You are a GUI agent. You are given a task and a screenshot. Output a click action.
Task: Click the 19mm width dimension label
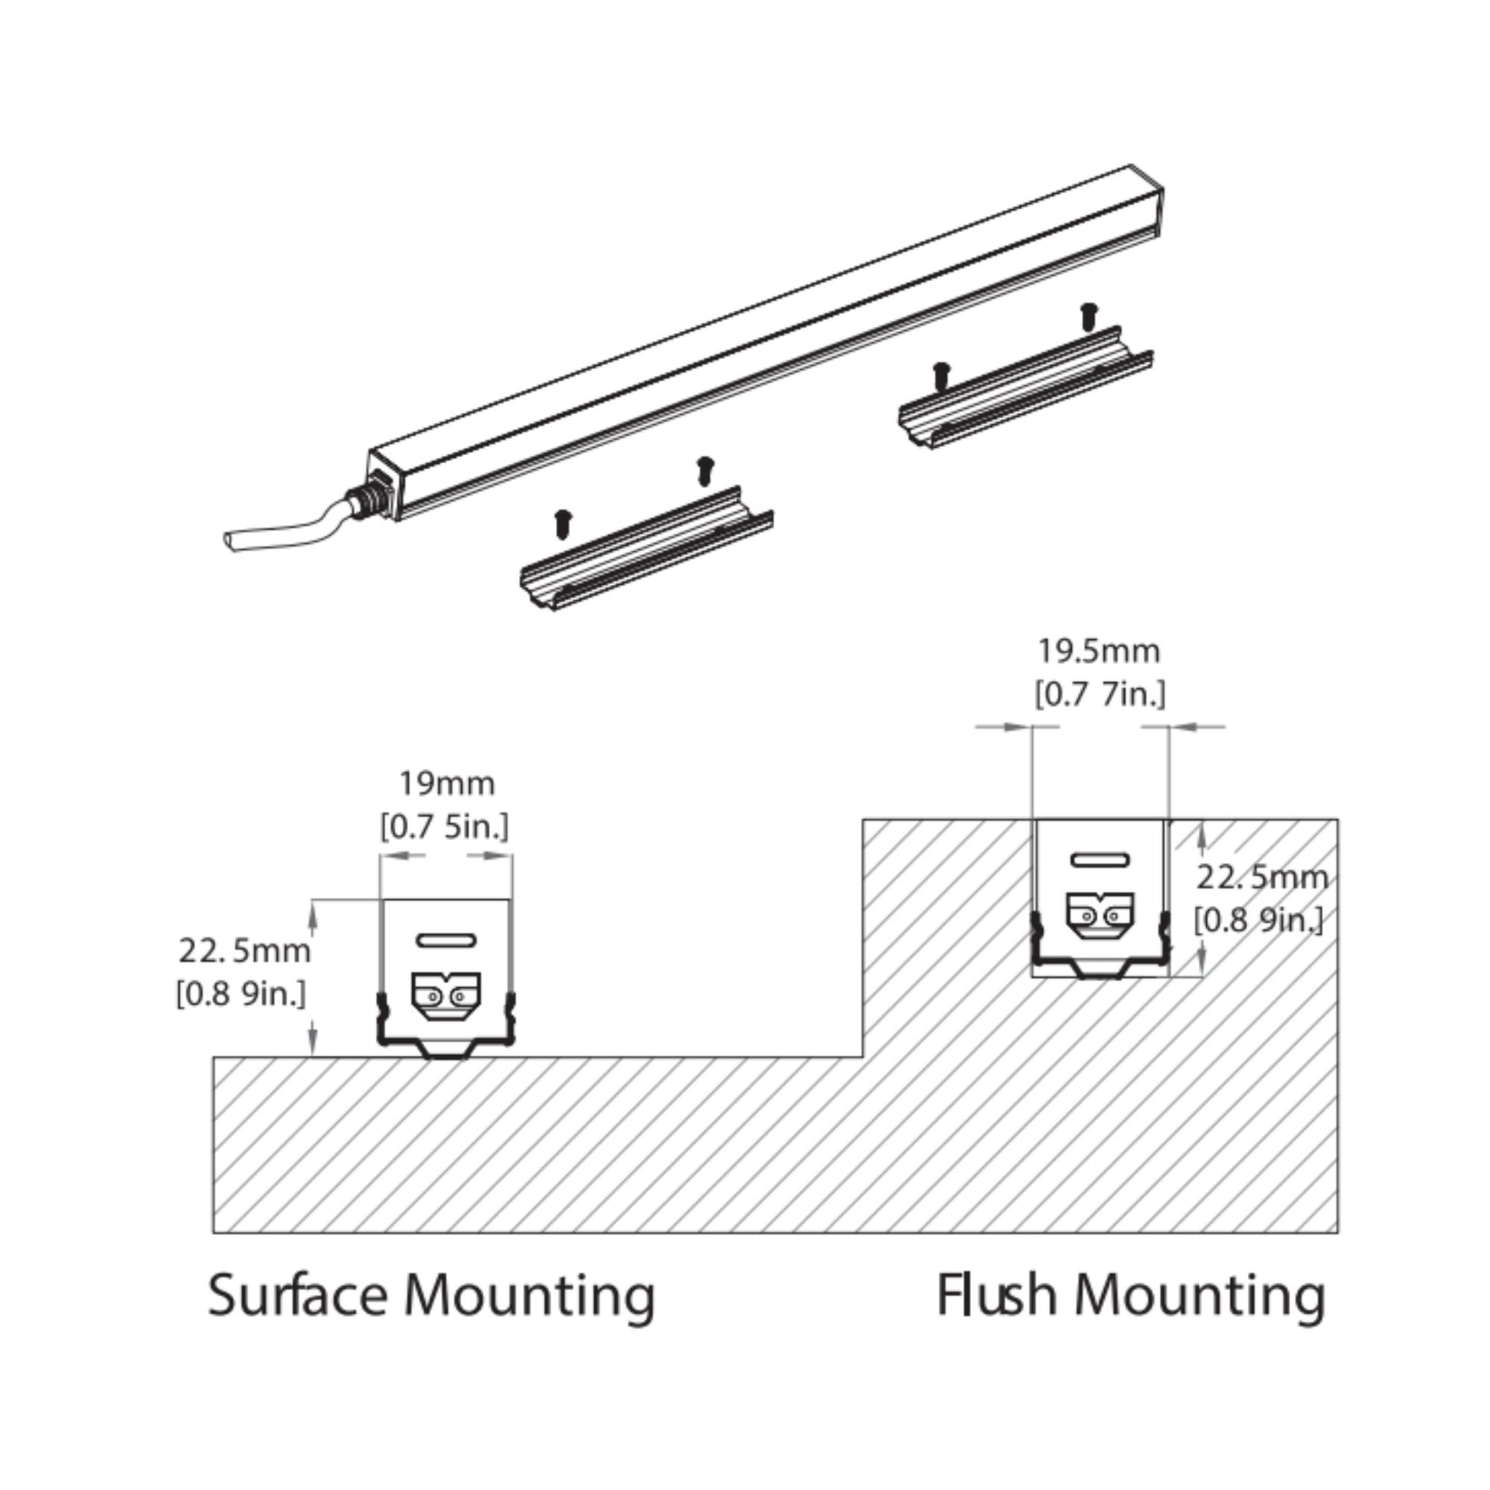(446, 784)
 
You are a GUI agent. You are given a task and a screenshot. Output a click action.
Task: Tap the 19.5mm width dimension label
(1099, 652)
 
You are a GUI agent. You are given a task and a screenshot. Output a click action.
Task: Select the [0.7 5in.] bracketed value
(445, 828)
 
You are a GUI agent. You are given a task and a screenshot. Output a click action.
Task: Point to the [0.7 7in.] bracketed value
(1100, 695)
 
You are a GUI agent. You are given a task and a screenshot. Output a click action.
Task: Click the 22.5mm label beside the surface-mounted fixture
(244, 951)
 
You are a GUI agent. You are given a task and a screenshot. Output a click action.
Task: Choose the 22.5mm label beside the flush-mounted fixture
(1262, 877)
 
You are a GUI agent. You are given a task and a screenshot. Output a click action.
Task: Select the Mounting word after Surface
(529, 1298)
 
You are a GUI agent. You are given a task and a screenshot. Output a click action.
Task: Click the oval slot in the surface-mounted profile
(446, 940)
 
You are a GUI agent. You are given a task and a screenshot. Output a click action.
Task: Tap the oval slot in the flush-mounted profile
(1100, 860)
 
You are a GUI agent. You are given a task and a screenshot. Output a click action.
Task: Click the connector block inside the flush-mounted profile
(1100, 916)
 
